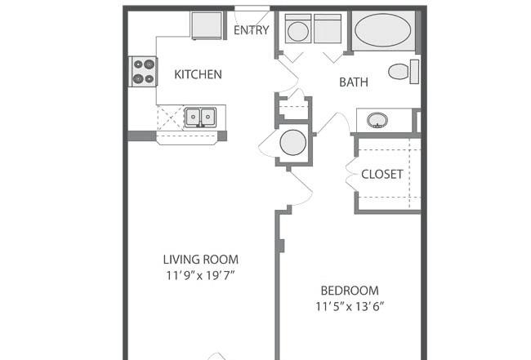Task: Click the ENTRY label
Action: click(x=252, y=30)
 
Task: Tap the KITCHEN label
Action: click(x=199, y=74)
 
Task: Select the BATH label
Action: click(x=354, y=82)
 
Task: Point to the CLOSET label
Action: click(x=382, y=174)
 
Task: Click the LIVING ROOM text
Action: click(x=201, y=260)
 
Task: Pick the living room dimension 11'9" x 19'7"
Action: click(x=200, y=275)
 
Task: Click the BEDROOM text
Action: click(x=350, y=291)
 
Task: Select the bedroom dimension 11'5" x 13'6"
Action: click(x=350, y=307)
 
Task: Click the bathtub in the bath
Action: click(x=383, y=30)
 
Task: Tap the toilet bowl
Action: click(x=399, y=72)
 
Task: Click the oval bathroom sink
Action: click(x=377, y=120)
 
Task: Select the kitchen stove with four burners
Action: click(x=143, y=71)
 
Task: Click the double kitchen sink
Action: click(x=200, y=117)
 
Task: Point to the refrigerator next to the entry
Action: click(x=207, y=26)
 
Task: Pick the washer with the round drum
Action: click(x=298, y=29)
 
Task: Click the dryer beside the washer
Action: click(x=328, y=29)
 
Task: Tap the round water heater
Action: click(x=293, y=142)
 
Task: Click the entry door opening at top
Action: click(x=252, y=8)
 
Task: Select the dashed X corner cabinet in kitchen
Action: click(x=171, y=118)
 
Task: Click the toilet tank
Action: click(x=414, y=72)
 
